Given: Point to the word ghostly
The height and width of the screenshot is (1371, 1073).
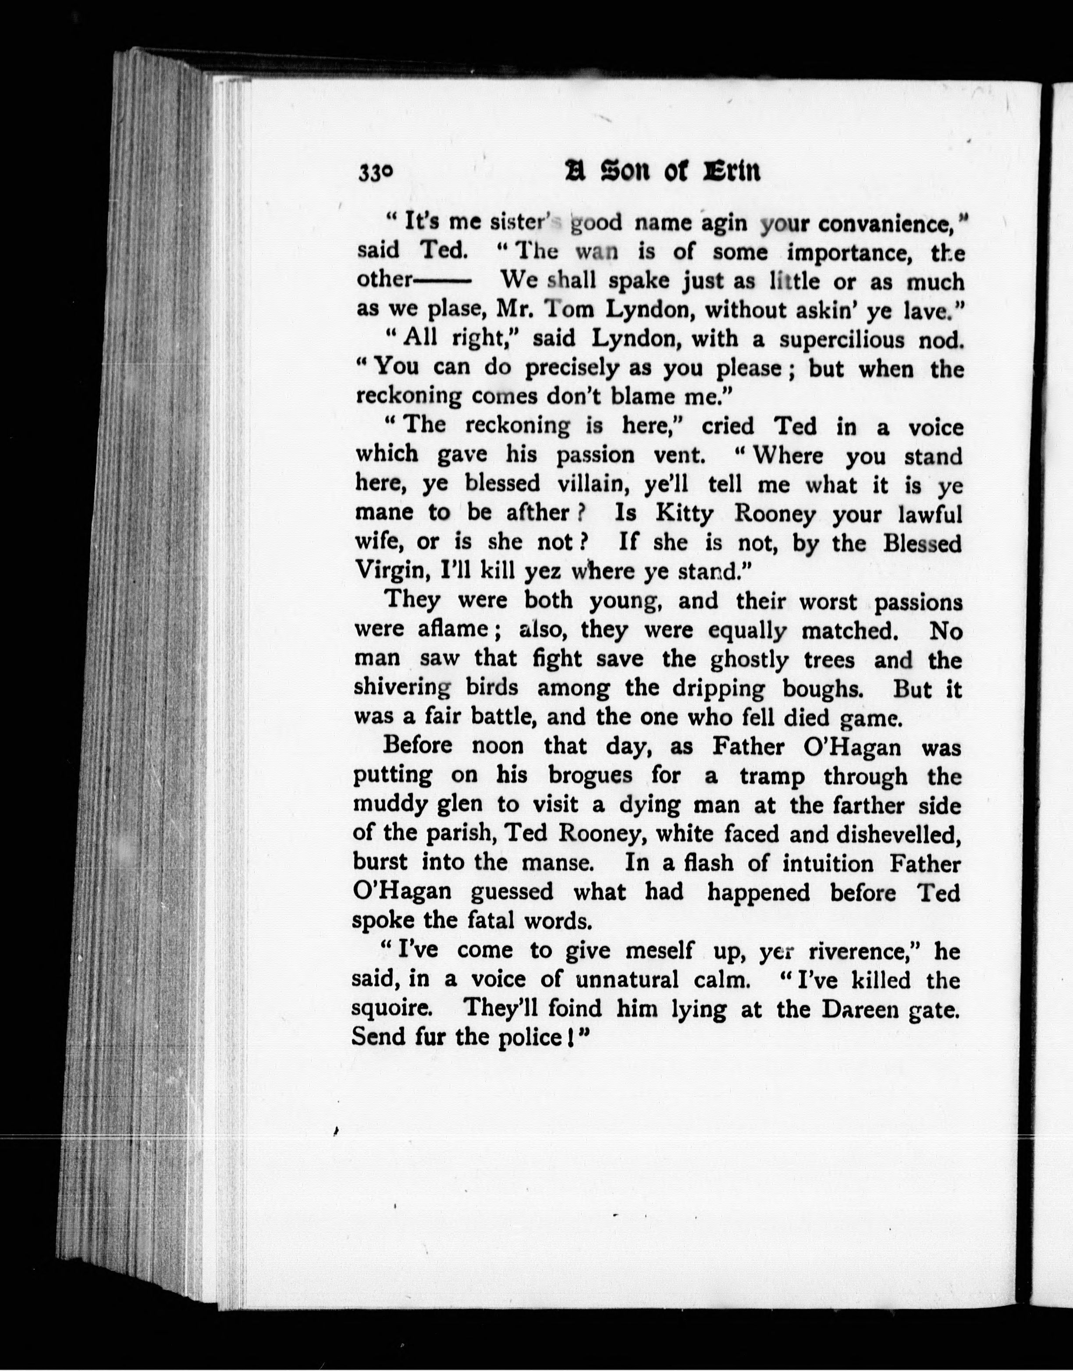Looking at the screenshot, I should (x=749, y=660).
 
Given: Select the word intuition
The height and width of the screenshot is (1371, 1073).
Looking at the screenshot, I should (x=828, y=863).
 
